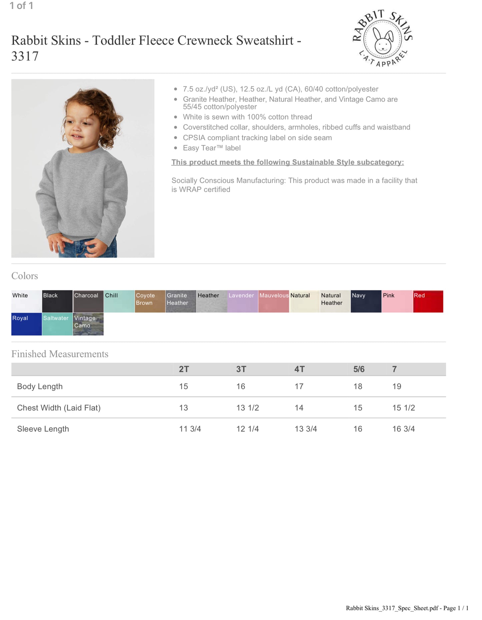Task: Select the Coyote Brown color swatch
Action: pyautogui.click(x=150, y=301)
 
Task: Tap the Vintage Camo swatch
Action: pyautogui.click(x=88, y=324)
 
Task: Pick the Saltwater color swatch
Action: pyautogui.click(x=57, y=324)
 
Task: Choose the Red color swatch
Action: pyautogui.click(x=428, y=301)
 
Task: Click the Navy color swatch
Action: pyautogui.click(x=366, y=301)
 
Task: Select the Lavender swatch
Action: pyautogui.click(x=243, y=301)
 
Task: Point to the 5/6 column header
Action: pyautogui.click(x=359, y=369)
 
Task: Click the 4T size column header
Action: pyautogui.click(x=299, y=369)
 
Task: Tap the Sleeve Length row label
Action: pyautogui.click(x=43, y=429)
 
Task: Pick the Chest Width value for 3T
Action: pyautogui.click(x=248, y=408)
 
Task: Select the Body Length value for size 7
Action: pyautogui.click(x=397, y=386)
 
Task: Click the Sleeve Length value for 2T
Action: pyautogui.click(x=190, y=429)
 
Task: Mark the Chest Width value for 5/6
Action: pyautogui.click(x=358, y=408)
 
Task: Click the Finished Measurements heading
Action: pyautogui.click(x=60, y=354)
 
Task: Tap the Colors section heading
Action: pyautogui.click(x=25, y=276)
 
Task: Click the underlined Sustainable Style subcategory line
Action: pyautogui.click(x=288, y=162)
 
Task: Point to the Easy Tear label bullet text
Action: pyautogui.click(x=211, y=148)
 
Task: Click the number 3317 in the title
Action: pyautogui.click(x=25, y=56)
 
